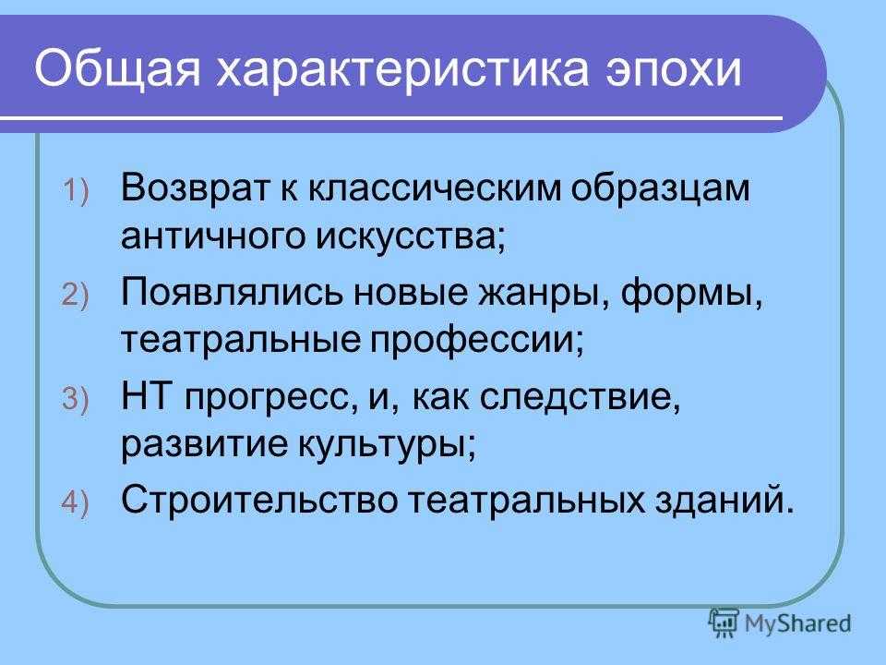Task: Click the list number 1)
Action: coord(76,190)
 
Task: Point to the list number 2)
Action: coord(76,296)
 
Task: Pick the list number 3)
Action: coord(76,399)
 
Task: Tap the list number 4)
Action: coord(76,503)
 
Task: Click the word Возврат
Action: coord(195,187)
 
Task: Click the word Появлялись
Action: coord(233,293)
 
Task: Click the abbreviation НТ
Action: coord(146,396)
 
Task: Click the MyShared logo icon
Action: coord(724,623)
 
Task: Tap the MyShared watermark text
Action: coord(797,623)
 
